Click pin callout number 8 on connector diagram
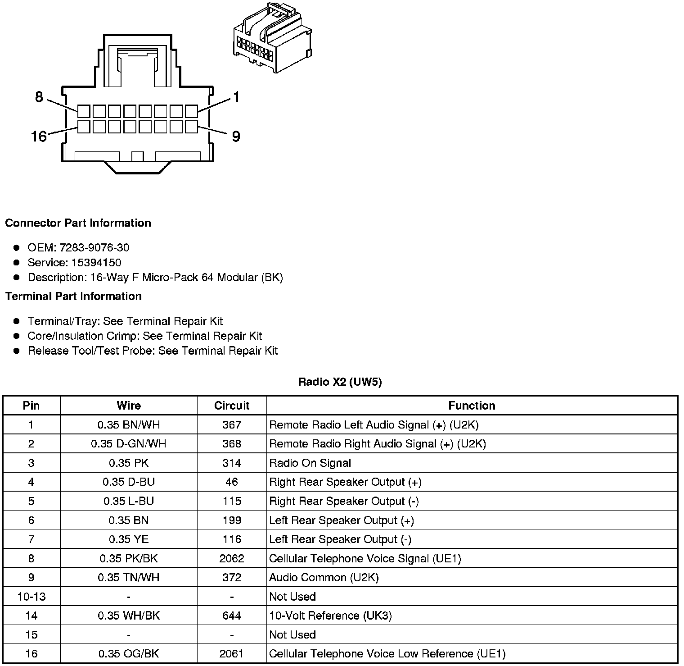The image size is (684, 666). point(39,97)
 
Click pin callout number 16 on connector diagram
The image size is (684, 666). point(39,136)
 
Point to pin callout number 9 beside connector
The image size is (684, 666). point(236,136)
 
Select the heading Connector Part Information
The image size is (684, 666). point(78,223)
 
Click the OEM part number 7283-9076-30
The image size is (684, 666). point(94,247)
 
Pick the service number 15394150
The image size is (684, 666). point(96,262)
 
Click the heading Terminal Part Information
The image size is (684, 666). point(73,296)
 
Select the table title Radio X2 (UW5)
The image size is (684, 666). point(340,382)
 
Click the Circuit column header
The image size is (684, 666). point(232,406)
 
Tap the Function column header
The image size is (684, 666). point(472,406)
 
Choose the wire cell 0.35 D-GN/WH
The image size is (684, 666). point(129,444)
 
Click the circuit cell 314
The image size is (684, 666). point(232,463)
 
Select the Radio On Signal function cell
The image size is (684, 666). point(310,463)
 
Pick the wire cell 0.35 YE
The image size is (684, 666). point(129,539)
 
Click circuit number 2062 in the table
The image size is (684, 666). point(232,558)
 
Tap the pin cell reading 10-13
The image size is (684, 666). point(31,597)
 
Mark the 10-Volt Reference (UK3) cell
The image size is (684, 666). point(330,616)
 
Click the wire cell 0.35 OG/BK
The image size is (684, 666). point(129,654)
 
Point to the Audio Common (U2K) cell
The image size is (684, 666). point(324,577)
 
